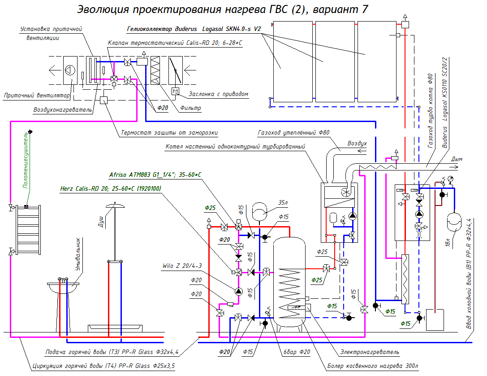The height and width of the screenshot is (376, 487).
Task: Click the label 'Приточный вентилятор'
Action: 37,95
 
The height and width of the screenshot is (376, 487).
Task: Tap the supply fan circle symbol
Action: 70,70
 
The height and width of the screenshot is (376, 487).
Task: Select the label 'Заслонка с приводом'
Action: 219,94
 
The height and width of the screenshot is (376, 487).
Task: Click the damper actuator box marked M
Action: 176,91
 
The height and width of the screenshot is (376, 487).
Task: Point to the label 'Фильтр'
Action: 191,108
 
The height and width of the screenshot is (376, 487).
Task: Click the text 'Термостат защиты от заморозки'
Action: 169,132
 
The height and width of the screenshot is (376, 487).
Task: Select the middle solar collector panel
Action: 335,61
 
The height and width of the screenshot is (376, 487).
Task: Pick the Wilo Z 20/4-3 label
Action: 182,266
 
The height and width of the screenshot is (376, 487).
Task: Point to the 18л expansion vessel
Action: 454,222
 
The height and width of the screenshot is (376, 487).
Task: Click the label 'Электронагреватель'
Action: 370,352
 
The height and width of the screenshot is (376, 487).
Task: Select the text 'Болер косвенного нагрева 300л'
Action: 373,366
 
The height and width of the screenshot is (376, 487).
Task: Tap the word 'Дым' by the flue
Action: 457,159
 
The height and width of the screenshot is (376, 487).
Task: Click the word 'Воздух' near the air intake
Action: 357,144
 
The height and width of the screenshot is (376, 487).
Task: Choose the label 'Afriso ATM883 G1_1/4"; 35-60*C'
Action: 155,175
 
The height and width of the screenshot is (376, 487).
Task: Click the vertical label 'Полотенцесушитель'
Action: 26,161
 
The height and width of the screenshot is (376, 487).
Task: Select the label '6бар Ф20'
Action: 297,352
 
